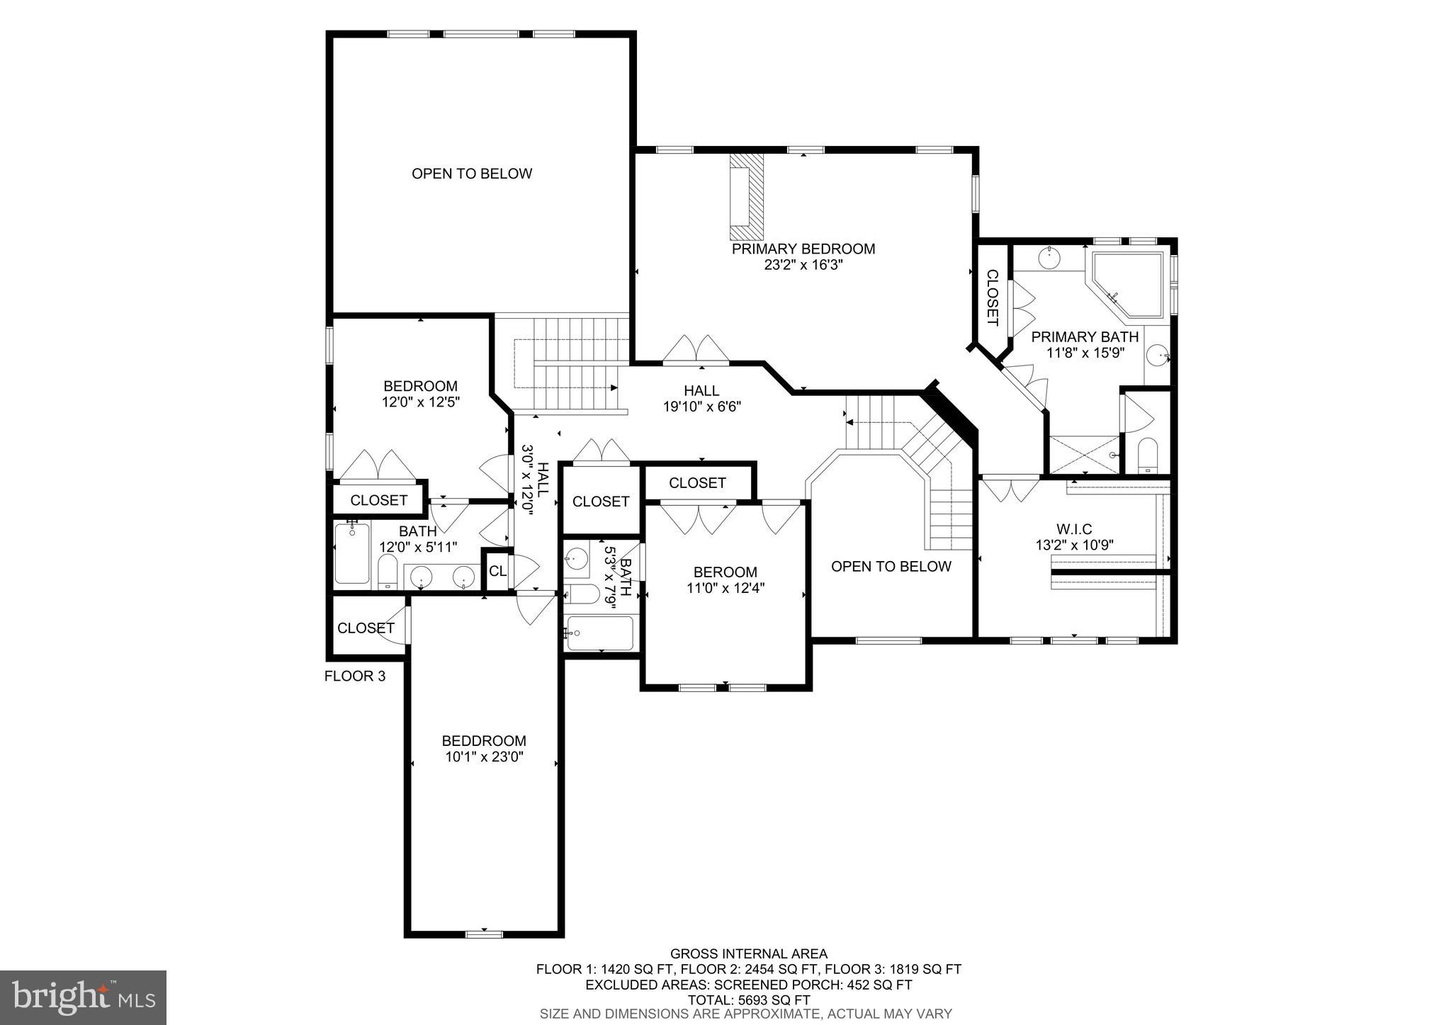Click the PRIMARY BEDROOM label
coord(803,249)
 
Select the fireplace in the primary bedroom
coord(747,197)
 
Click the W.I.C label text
coord(1074,529)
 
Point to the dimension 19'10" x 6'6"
coord(701,407)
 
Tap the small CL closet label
coord(497,570)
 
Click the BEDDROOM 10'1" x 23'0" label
coord(484,741)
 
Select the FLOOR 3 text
coord(354,676)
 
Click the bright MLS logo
coord(83,998)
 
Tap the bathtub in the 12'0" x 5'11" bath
coord(352,553)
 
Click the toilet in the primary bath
coord(1146,455)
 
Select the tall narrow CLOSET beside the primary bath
coord(992,298)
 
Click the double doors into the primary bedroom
coord(696,350)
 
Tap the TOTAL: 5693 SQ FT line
coord(748,1000)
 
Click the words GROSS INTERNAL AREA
coord(748,954)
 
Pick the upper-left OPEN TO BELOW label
coord(472,174)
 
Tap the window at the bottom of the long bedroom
coord(485,934)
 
